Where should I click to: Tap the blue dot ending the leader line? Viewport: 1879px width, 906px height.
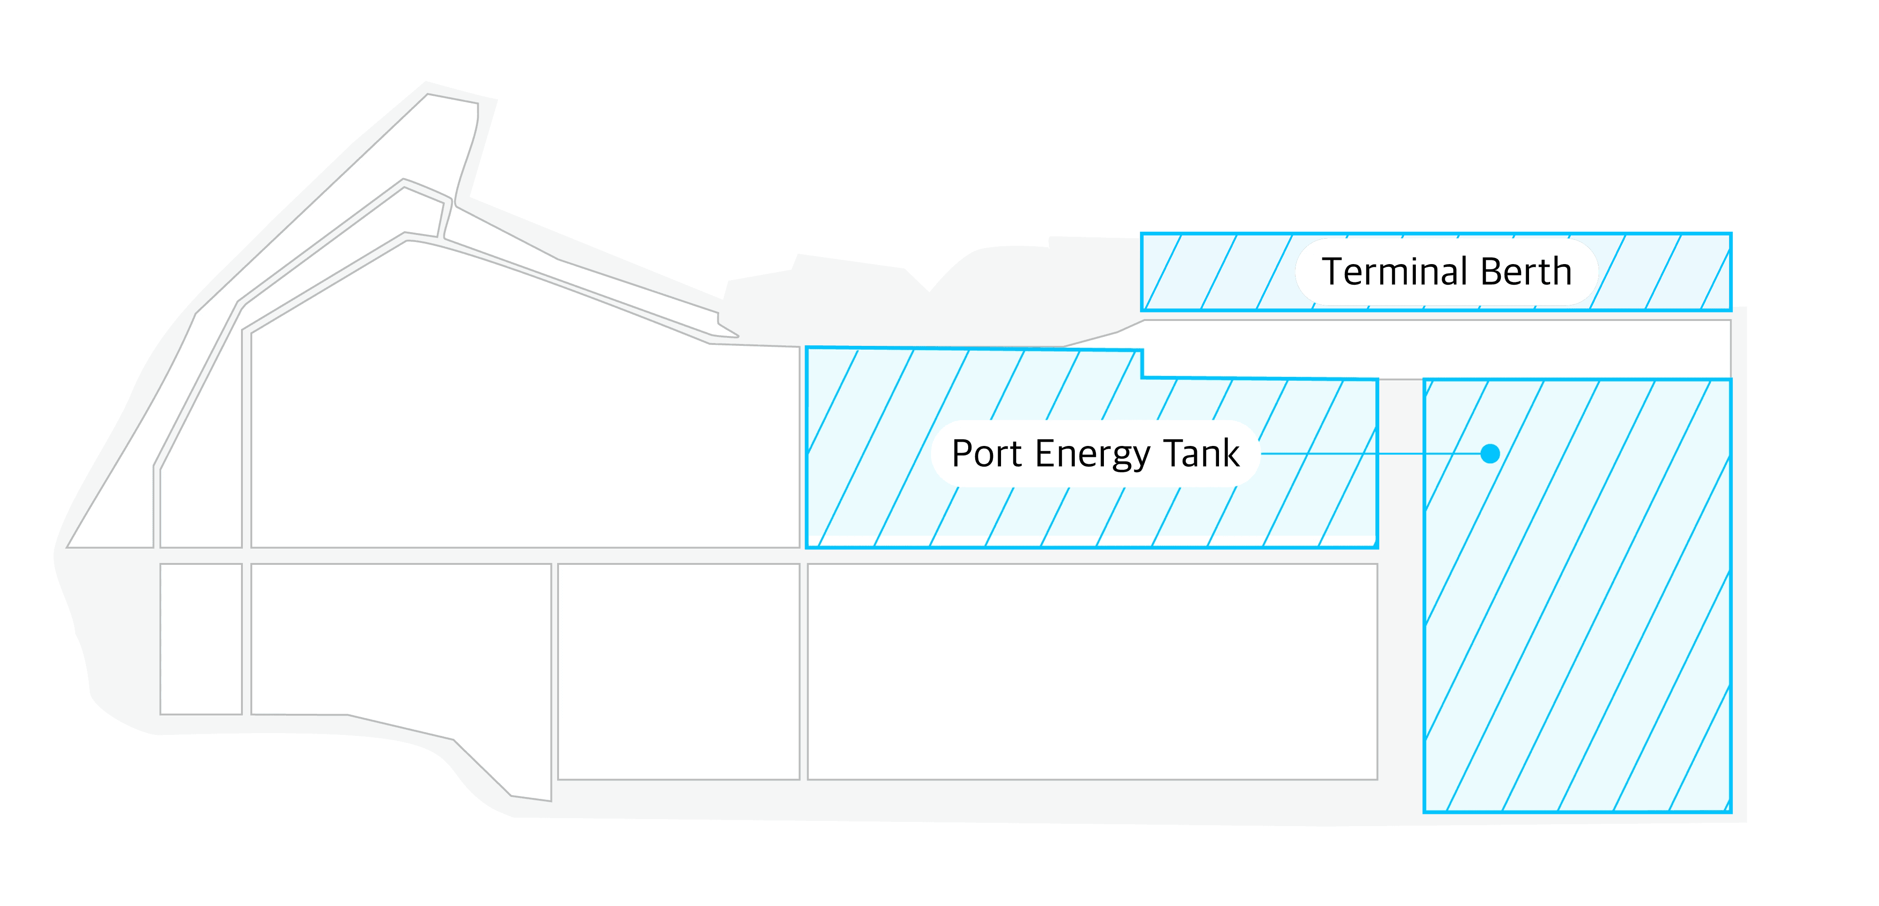(x=1490, y=454)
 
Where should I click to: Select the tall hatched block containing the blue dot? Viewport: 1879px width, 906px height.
(x=1577, y=620)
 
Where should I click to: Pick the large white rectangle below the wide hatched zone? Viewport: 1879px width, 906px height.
(x=1092, y=671)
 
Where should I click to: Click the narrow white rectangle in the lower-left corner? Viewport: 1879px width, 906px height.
(x=201, y=638)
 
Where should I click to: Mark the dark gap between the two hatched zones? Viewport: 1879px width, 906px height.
(x=1400, y=584)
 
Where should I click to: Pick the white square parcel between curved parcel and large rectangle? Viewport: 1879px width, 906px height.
(x=678, y=671)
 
